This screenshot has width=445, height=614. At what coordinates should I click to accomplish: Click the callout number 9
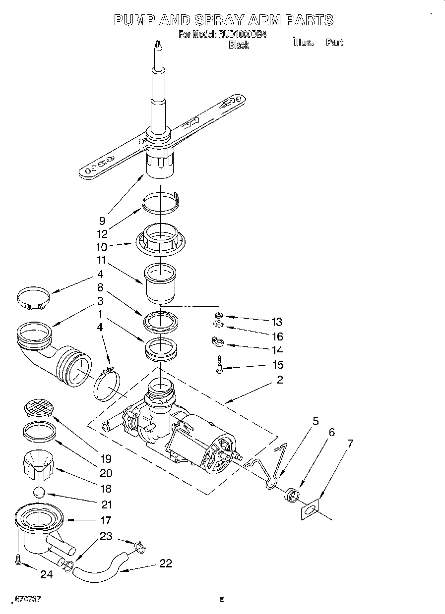102,222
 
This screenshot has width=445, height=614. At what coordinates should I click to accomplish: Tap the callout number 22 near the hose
165,563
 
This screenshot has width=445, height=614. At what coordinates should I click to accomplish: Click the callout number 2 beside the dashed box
280,380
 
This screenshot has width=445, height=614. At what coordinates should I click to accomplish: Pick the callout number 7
351,444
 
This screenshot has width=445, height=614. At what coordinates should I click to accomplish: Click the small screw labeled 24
18,559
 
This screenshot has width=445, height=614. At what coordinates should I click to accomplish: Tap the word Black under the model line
238,45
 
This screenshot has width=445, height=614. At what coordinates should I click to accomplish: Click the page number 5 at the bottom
222,600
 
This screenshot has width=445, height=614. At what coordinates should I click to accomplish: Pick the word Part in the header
334,42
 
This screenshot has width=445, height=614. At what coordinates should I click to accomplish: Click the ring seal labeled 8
161,321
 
